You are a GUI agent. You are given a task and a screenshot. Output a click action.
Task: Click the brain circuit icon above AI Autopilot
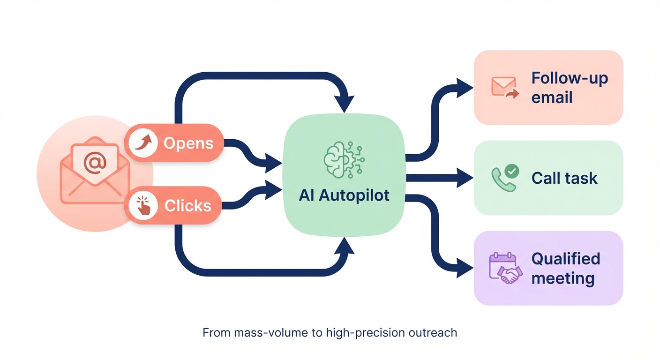(x=344, y=159)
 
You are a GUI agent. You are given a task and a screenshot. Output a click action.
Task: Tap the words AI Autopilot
(x=344, y=195)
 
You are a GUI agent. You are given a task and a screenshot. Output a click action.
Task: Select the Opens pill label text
(x=188, y=143)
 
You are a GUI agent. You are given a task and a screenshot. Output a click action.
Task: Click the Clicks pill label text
(x=187, y=205)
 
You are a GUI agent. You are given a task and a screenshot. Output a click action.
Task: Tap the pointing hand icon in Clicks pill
(x=144, y=205)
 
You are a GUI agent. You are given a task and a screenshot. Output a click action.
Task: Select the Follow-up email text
(x=570, y=88)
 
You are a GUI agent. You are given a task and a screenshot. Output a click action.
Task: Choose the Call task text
(x=564, y=178)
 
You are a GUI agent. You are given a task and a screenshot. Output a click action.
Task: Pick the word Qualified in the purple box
(x=565, y=258)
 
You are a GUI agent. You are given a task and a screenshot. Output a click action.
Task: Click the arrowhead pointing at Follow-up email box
(x=465, y=88)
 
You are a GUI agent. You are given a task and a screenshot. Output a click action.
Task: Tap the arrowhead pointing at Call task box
(x=465, y=178)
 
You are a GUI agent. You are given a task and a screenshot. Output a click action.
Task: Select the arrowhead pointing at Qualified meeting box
(x=465, y=268)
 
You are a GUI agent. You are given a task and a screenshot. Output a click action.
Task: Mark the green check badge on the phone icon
(x=512, y=172)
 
